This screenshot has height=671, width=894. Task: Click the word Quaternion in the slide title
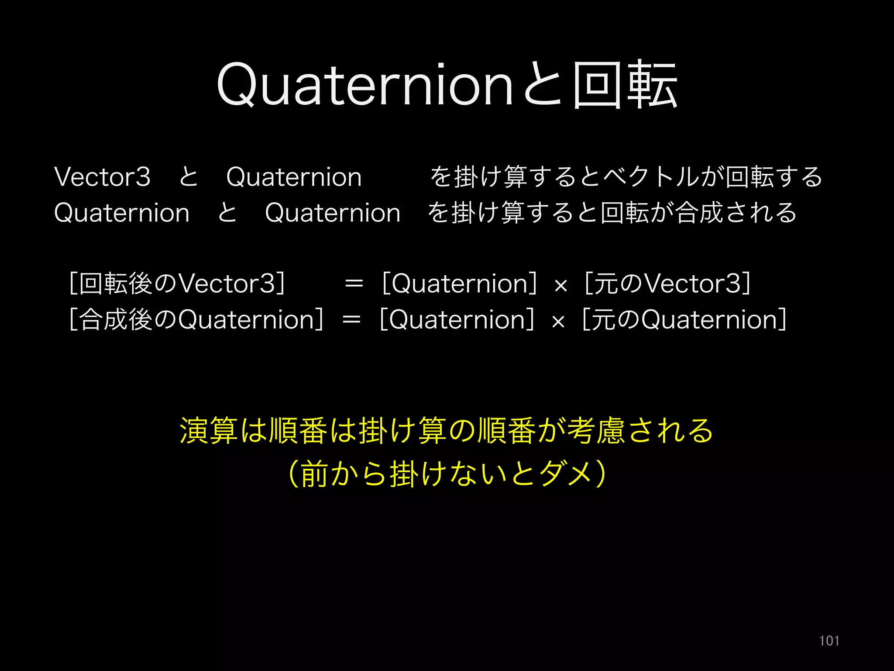click(x=364, y=85)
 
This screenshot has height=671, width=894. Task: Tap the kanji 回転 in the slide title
click(x=625, y=85)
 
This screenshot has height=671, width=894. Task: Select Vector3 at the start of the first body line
click(x=102, y=177)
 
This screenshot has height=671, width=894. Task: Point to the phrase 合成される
click(x=736, y=213)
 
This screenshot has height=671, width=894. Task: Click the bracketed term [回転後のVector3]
click(x=177, y=284)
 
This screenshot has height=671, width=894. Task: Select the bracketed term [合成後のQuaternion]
click(x=196, y=319)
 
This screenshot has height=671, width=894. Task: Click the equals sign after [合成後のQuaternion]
click(x=352, y=320)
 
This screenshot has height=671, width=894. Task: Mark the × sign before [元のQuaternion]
click(x=558, y=322)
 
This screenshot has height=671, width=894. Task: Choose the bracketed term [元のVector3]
click(x=667, y=284)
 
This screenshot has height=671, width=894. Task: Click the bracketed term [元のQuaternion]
click(x=684, y=319)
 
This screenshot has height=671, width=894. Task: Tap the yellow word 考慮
click(x=596, y=431)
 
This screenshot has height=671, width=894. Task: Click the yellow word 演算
click(x=209, y=431)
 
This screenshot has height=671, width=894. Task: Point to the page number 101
click(x=829, y=641)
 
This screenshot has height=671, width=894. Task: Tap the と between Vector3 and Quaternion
click(x=189, y=177)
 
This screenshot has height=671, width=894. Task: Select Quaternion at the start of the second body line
click(x=122, y=213)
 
